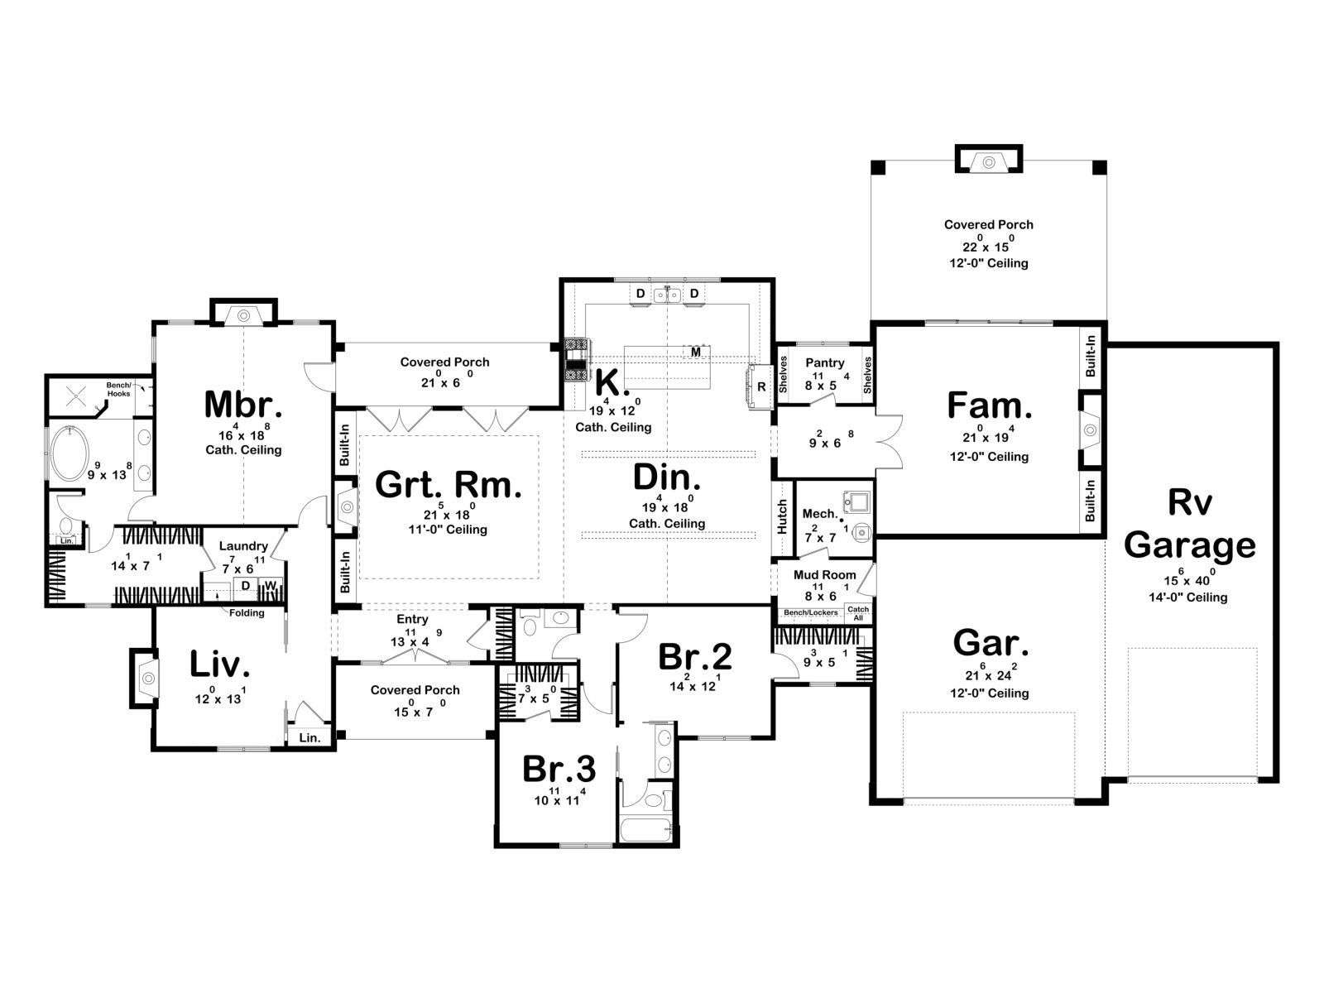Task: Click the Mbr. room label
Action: click(x=243, y=405)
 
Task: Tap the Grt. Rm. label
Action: click(x=449, y=484)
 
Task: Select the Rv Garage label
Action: click(x=1189, y=523)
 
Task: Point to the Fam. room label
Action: click(x=989, y=405)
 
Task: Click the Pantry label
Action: click(x=824, y=363)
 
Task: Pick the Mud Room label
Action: click(x=824, y=574)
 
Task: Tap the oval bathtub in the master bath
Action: click(x=70, y=453)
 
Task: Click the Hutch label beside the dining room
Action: click(x=782, y=516)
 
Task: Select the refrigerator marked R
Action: click(x=760, y=386)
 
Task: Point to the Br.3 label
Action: click(x=559, y=769)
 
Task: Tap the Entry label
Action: click(x=413, y=619)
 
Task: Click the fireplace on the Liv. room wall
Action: click(x=145, y=678)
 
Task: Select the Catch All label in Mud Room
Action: click(x=858, y=613)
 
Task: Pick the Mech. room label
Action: click(x=820, y=514)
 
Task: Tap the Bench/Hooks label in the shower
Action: click(x=119, y=389)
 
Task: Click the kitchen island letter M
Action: click(x=696, y=352)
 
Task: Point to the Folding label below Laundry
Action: click(x=247, y=612)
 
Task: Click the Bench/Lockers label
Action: click(x=811, y=612)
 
